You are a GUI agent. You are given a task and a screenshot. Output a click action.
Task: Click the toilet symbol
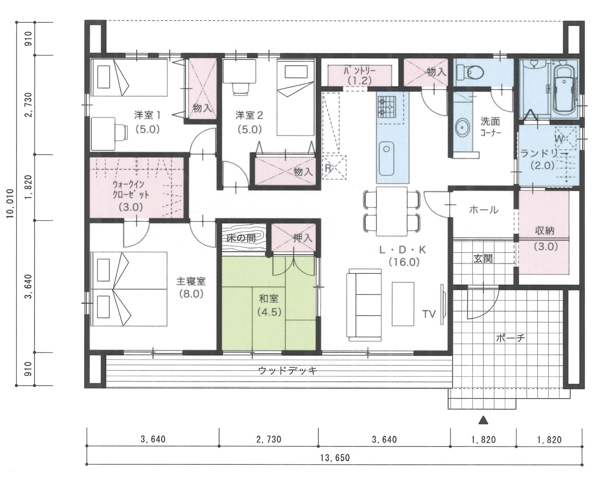click(x=470, y=72)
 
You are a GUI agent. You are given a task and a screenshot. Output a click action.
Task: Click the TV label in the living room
click(x=429, y=314)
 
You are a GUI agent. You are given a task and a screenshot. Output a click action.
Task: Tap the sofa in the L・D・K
click(x=364, y=305)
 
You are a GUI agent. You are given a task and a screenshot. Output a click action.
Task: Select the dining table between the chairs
click(x=392, y=211)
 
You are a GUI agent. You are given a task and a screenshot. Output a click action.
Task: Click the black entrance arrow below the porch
click(x=483, y=420)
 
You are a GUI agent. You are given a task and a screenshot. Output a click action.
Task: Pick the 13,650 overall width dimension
click(x=335, y=458)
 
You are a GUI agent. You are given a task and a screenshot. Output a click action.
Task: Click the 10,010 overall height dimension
click(x=10, y=204)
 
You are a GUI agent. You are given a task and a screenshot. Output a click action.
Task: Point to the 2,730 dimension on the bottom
click(x=269, y=439)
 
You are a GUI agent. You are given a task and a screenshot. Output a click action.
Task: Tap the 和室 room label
click(x=269, y=299)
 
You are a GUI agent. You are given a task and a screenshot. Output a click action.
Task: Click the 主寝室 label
click(x=191, y=281)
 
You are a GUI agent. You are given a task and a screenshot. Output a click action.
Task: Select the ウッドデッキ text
click(x=288, y=371)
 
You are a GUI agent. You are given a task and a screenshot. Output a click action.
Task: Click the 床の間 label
click(x=241, y=239)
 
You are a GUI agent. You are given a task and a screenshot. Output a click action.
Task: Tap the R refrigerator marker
click(x=328, y=168)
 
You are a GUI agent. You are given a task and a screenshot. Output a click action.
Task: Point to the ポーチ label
click(x=511, y=338)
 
